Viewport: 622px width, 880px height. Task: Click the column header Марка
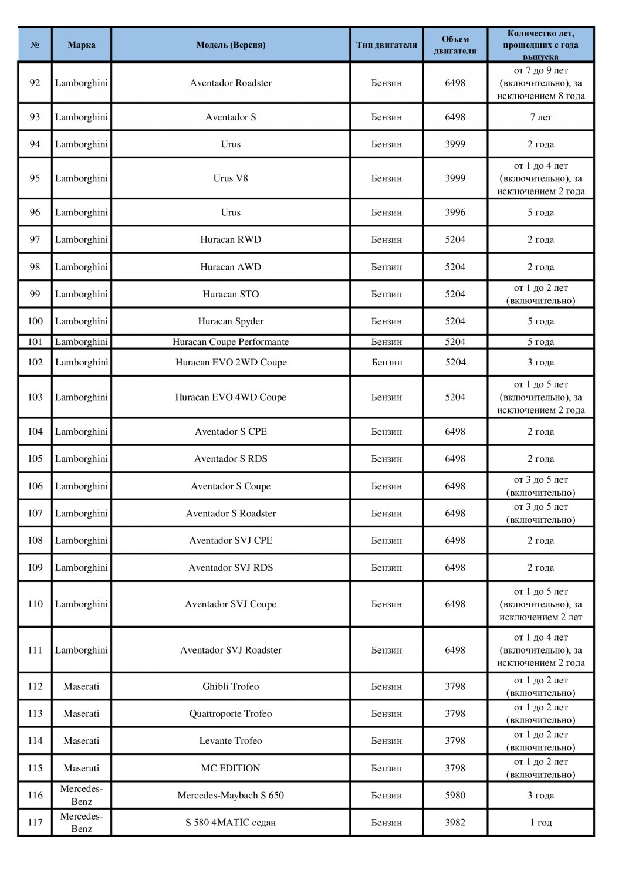pos(82,45)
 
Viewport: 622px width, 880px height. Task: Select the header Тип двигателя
pos(386,45)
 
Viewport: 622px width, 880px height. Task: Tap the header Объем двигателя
pos(455,45)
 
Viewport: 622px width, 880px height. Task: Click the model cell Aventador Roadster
pos(231,83)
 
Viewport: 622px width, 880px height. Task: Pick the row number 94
pos(35,144)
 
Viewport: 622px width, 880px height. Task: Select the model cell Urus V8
pos(231,178)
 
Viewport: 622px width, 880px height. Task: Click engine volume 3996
pos(455,212)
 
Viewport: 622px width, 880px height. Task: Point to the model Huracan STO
pos(231,294)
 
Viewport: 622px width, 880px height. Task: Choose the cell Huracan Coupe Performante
pos(231,341)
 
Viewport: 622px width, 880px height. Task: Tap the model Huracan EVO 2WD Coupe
pos(231,362)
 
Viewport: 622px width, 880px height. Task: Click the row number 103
pos(35,397)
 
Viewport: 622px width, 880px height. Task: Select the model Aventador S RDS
pos(231,458)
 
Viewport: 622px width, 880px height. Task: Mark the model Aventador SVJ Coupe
pos(231,604)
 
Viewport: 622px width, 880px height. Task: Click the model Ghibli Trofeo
pos(231,686)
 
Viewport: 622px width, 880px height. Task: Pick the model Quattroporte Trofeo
pos(231,713)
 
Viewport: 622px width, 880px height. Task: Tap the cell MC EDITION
pos(231,768)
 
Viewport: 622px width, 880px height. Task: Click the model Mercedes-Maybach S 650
pos(231,795)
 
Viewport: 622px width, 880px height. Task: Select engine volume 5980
pos(455,795)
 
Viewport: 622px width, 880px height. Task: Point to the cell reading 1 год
pos(540,822)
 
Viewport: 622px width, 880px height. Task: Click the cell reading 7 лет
pos(540,117)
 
